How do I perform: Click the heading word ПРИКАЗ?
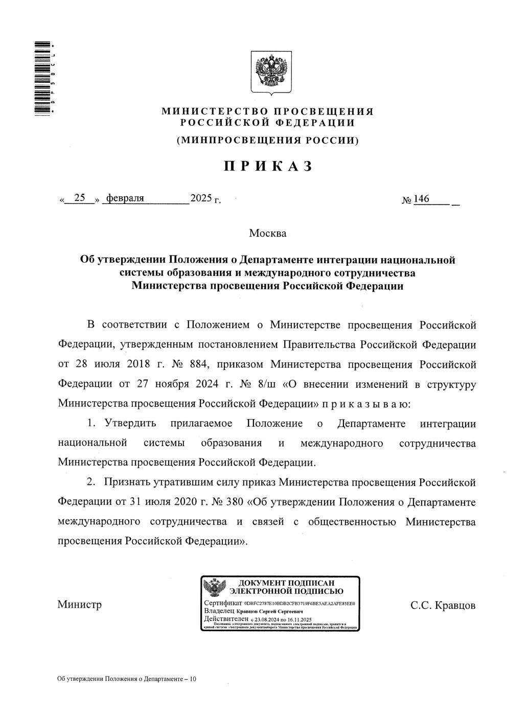point(267,166)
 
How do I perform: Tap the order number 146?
point(422,199)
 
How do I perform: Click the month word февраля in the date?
point(125,198)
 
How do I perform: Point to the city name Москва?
point(268,234)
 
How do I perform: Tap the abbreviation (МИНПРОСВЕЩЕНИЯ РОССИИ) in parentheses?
point(267,140)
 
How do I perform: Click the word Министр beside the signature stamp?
point(79,605)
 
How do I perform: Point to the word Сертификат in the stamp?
point(222,604)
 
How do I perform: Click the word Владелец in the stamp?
point(219,611)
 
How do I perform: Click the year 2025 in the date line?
point(201,198)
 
